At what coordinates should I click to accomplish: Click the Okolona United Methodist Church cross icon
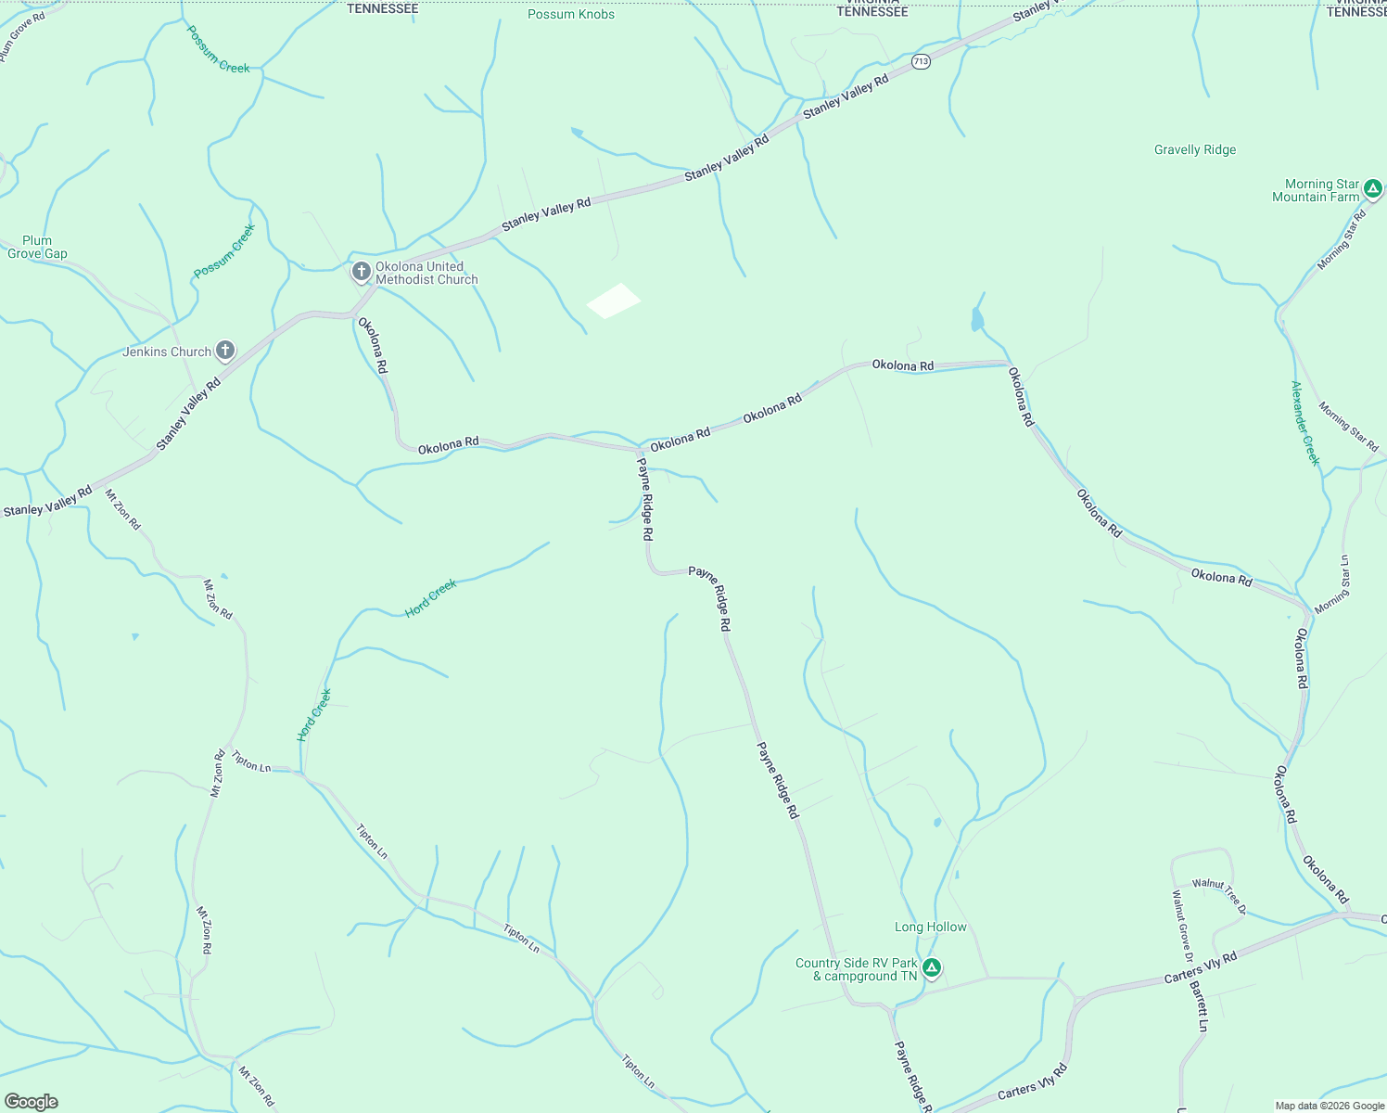[x=362, y=272]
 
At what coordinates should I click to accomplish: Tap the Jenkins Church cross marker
[x=224, y=351]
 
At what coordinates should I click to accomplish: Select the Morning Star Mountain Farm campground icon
[x=1373, y=190]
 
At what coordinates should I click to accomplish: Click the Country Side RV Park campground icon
[x=932, y=968]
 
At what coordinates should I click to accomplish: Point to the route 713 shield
[x=920, y=61]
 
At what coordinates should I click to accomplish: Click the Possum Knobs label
[x=571, y=14]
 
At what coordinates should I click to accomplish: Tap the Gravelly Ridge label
[x=1195, y=149]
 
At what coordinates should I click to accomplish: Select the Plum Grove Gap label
[x=37, y=247]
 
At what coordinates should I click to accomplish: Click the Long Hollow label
[x=930, y=927]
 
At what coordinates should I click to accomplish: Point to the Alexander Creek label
[x=1304, y=423]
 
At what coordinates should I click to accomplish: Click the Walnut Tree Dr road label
[x=1218, y=896]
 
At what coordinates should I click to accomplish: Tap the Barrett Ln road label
[x=1200, y=1006]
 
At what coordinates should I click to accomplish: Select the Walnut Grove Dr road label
[x=1181, y=925]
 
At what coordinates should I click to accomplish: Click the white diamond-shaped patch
[x=613, y=301]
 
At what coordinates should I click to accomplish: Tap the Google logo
[x=32, y=1102]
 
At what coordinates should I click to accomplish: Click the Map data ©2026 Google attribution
[x=1330, y=1106]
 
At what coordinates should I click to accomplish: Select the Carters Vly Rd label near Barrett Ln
[x=1201, y=968]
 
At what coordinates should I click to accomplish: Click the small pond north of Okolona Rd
[x=976, y=319]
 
